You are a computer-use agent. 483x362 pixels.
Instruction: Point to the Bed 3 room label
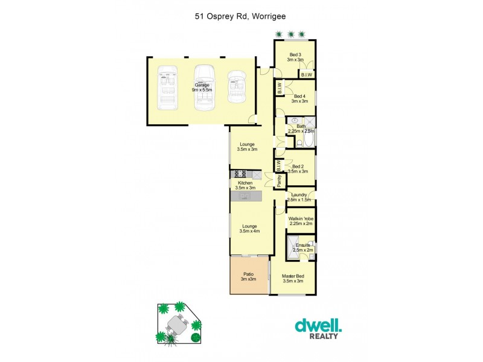coord(295,57)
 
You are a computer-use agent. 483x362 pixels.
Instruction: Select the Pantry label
coord(280,179)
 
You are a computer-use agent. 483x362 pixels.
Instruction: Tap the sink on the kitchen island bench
coord(245,195)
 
